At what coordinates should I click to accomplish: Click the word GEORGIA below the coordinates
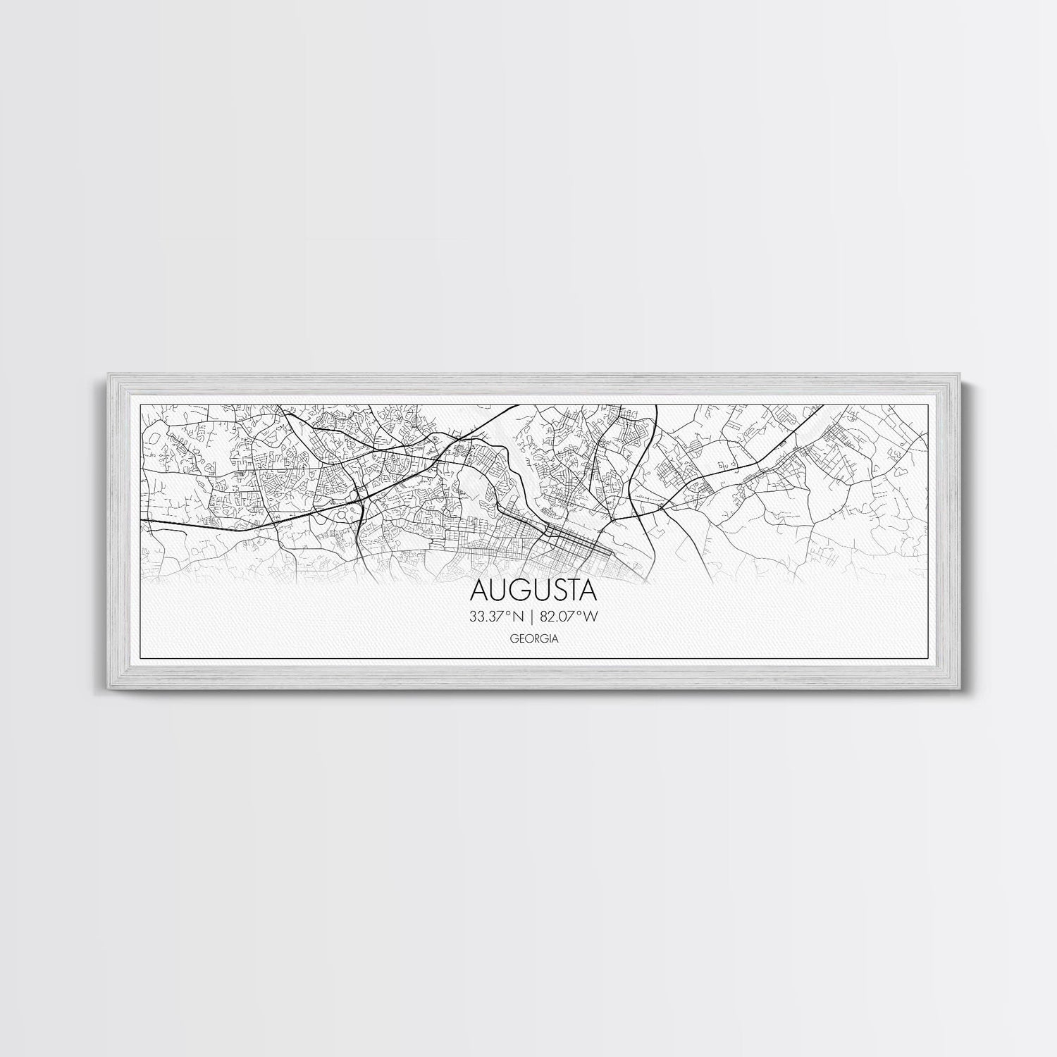pyautogui.click(x=533, y=640)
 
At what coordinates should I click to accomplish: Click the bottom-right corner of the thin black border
pyautogui.click(x=924, y=659)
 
